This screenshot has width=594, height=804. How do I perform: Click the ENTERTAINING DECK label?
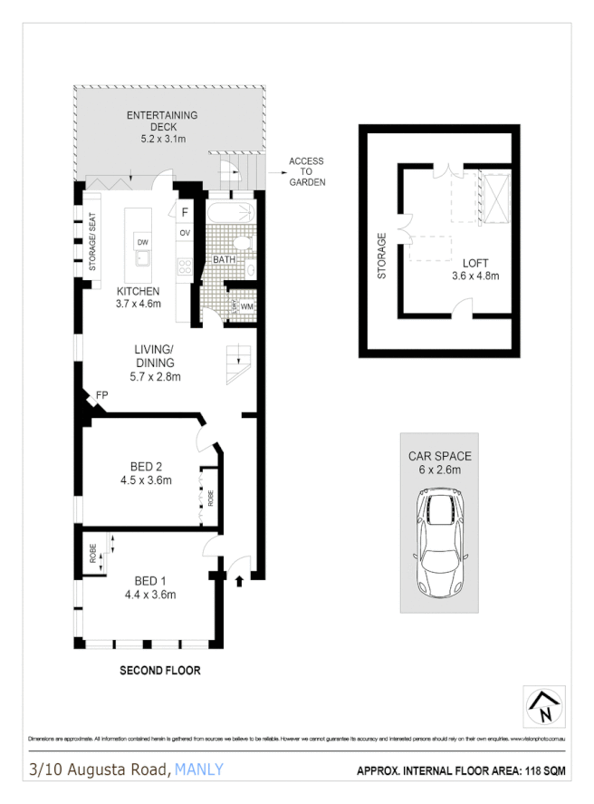click(x=162, y=116)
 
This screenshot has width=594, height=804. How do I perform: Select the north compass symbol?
click(x=543, y=705)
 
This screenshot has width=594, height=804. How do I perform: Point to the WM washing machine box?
click(x=246, y=306)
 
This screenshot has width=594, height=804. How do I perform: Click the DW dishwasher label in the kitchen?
click(x=142, y=242)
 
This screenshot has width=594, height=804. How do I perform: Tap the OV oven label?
click(x=184, y=233)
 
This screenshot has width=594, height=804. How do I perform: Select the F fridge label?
click(x=184, y=213)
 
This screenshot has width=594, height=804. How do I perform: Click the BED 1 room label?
click(x=149, y=581)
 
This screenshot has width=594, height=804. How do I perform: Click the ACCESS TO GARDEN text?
click(x=306, y=172)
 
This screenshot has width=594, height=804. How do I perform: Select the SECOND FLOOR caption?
click(x=159, y=671)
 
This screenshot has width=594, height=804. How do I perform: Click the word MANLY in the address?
click(x=199, y=770)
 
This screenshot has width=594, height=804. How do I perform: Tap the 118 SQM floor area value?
click(x=541, y=771)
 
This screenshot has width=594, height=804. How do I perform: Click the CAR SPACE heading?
click(x=439, y=457)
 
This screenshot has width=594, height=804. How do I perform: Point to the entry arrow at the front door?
click(x=238, y=579)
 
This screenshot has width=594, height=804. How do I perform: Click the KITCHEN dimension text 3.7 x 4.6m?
click(x=138, y=304)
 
